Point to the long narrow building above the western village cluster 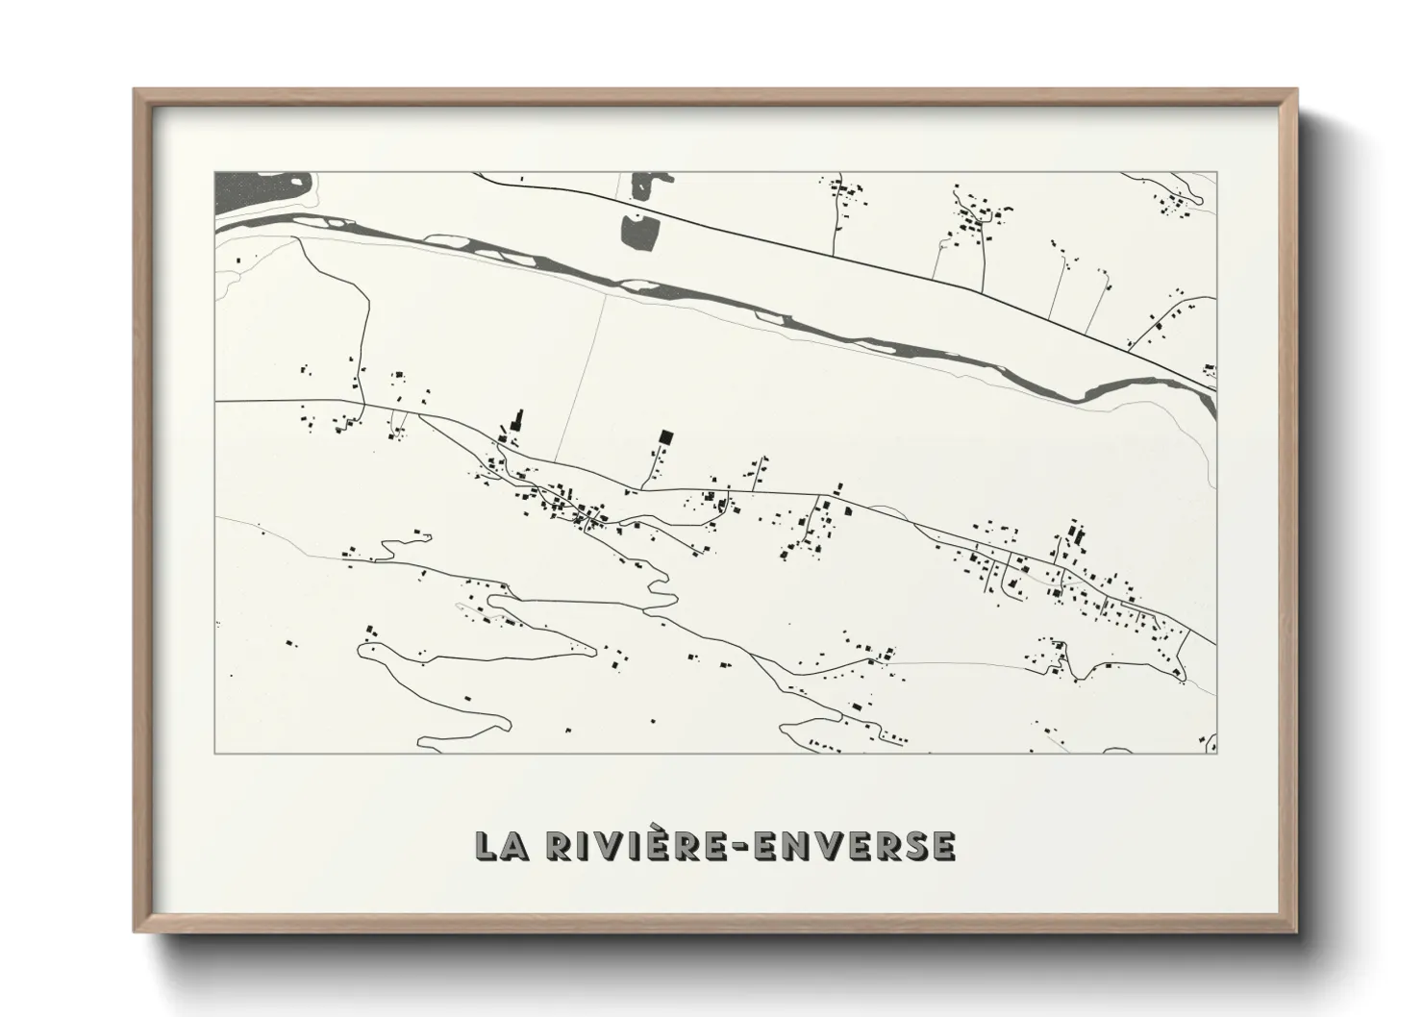519,421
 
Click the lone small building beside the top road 521,179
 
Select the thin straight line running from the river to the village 582,375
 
